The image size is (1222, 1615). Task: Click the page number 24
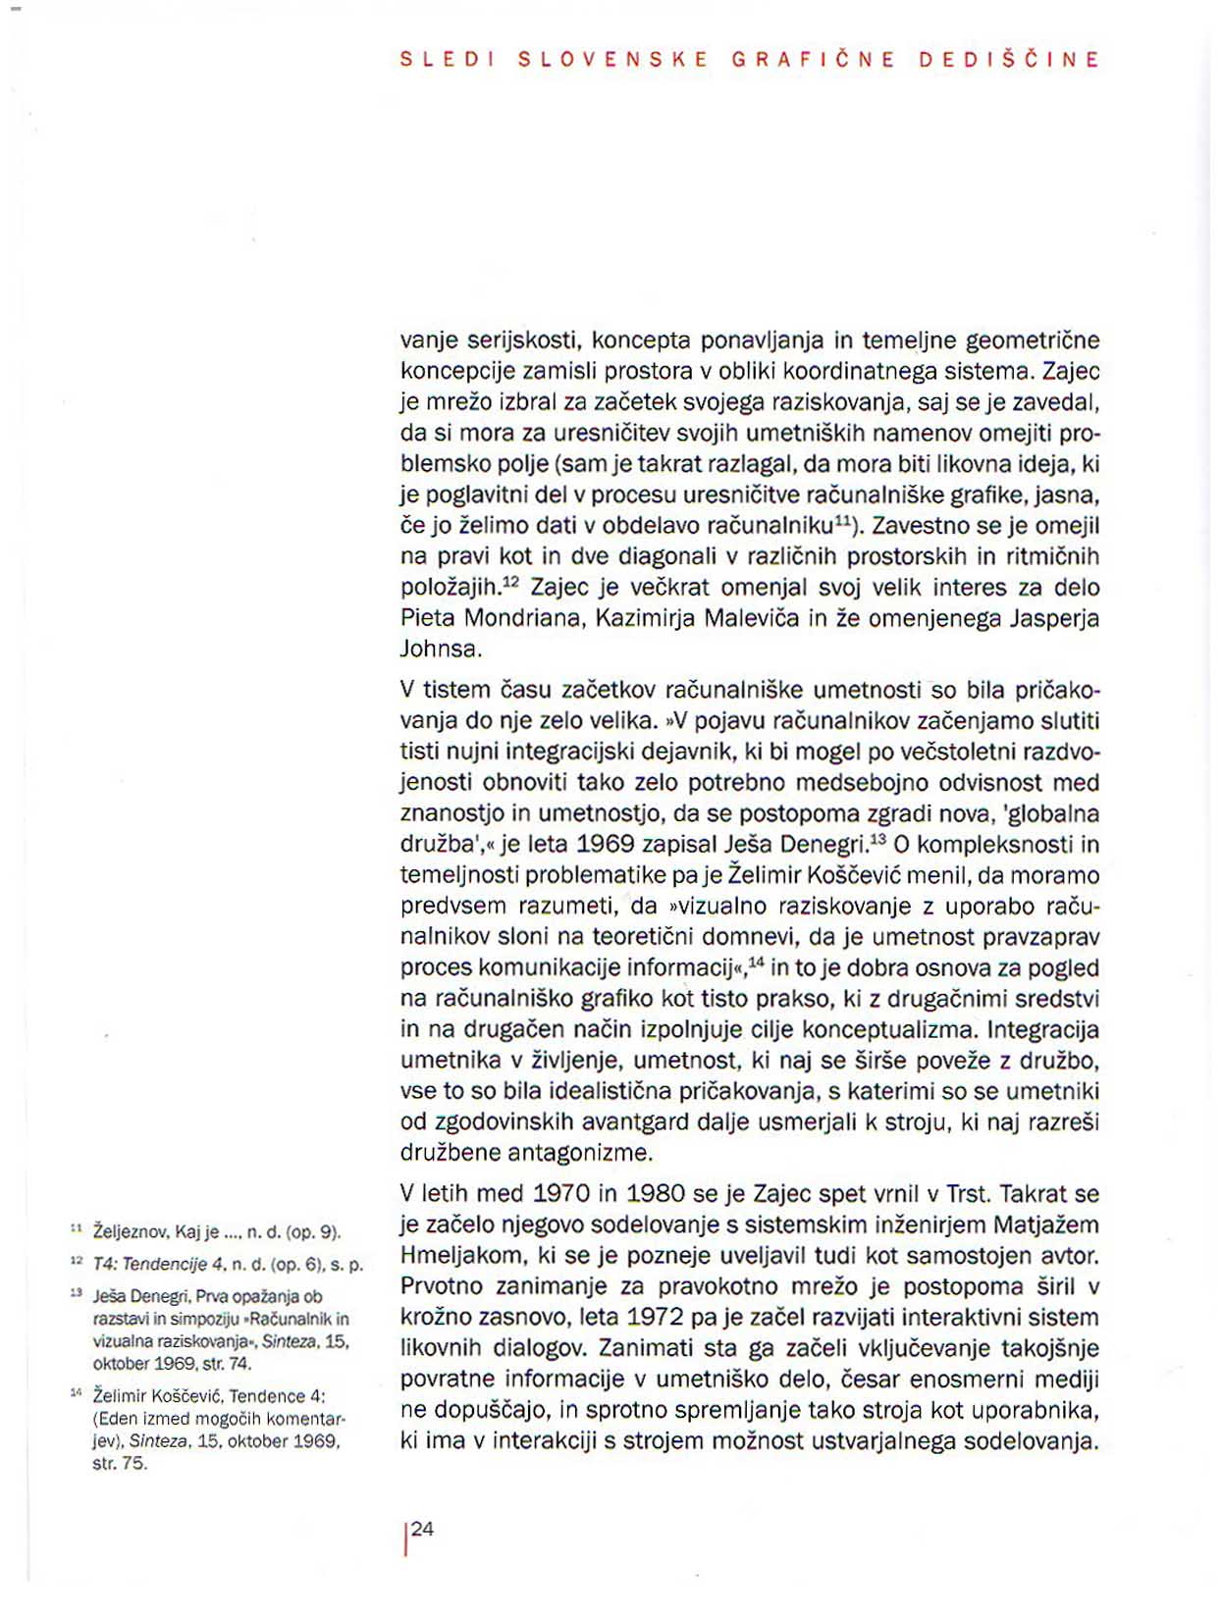[x=423, y=1529]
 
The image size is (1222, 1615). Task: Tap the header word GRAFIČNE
[x=814, y=59]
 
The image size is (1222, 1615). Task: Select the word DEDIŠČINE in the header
[x=1009, y=59]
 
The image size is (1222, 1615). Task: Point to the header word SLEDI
[x=446, y=59]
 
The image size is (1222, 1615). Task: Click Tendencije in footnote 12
[x=158, y=1265]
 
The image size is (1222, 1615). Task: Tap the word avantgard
[x=608, y=1122]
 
